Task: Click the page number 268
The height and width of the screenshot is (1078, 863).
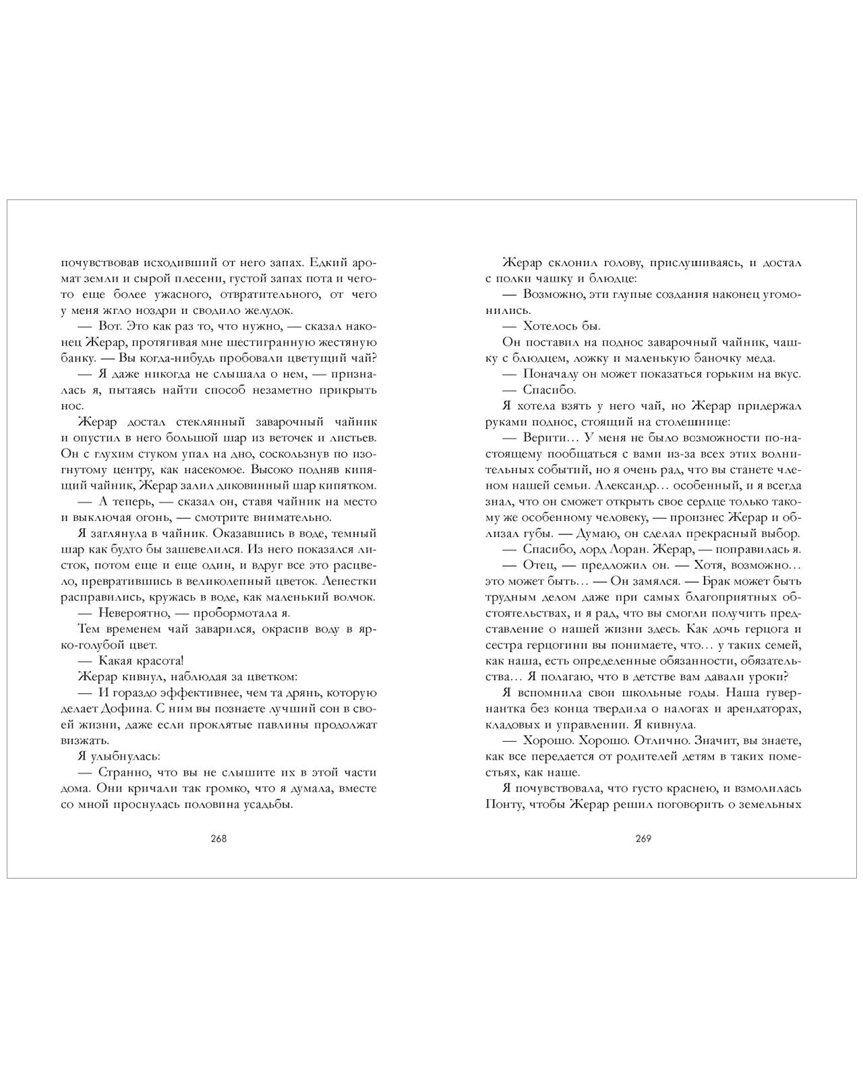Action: click(218, 839)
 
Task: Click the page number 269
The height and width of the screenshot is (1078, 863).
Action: click(643, 839)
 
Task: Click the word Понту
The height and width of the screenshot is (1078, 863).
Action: click(504, 804)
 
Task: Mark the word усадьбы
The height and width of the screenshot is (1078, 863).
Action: click(266, 804)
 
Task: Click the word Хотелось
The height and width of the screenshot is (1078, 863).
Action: click(552, 326)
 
